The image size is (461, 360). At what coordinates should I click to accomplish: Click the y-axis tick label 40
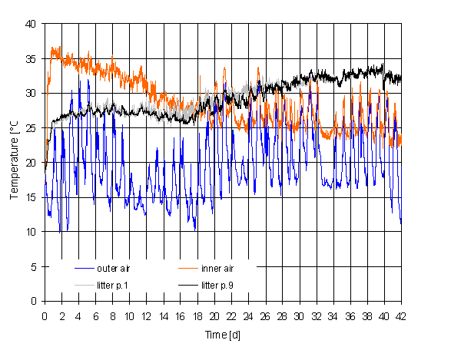coord(32,24)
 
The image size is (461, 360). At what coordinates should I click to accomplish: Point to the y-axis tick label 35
coord(32,58)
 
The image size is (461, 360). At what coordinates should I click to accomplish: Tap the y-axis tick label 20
coord(32,163)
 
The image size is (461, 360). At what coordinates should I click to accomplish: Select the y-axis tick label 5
coord(34,266)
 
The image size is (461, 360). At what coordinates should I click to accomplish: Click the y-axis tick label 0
coord(34,301)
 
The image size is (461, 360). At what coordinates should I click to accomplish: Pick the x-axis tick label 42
coord(401,316)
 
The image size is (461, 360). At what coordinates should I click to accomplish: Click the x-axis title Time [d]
coord(223,336)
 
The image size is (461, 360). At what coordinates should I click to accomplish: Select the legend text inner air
coord(217,269)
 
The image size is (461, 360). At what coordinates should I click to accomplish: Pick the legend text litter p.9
coord(217,286)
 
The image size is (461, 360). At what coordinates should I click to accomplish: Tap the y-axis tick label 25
coord(32,128)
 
